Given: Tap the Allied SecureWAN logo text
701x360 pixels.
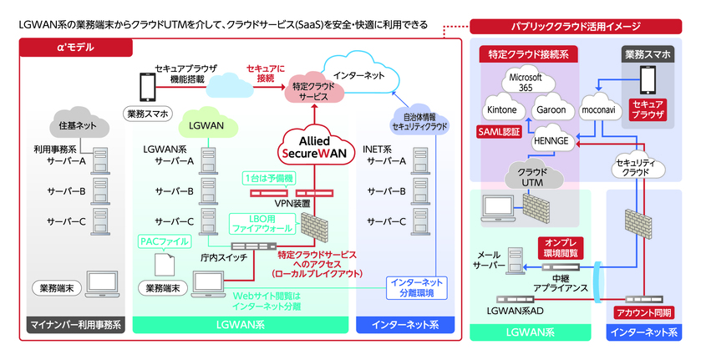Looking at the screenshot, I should tap(310, 146).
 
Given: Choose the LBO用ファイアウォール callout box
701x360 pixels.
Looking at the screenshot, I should tap(262, 221).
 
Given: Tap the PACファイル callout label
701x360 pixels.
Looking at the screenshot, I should tap(164, 241).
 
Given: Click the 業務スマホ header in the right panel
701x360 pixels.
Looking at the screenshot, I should tap(649, 54).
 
